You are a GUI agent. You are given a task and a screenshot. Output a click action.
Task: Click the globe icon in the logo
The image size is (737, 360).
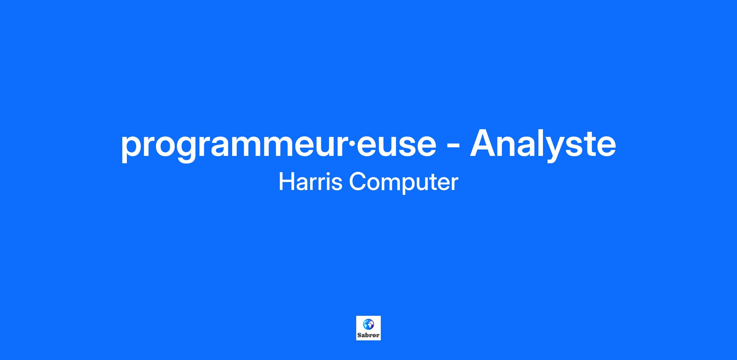(368, 324)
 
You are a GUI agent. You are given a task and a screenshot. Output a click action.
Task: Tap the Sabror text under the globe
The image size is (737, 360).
(368, 335)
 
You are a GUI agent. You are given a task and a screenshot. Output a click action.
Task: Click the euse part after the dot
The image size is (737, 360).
(396, 146)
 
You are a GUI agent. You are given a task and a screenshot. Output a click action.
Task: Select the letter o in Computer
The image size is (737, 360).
(374, 184)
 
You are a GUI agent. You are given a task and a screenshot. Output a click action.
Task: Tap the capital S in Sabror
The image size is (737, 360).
(359, 335)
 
